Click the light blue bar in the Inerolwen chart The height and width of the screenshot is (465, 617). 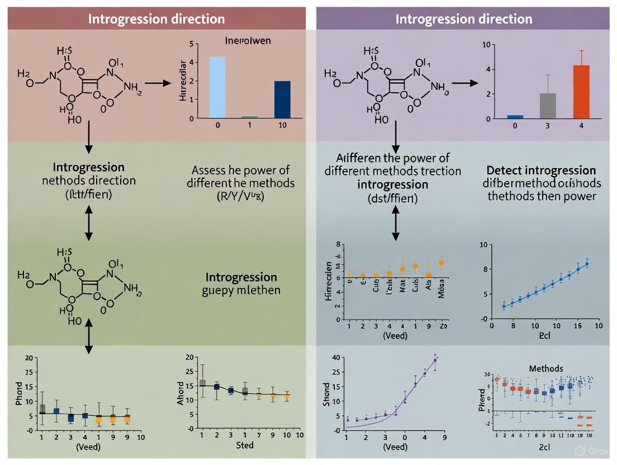point(217,87)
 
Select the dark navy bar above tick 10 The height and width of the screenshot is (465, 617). point(282,99)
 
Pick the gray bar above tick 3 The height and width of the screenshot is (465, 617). point(548,106)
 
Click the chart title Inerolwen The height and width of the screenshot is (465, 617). point(248,41)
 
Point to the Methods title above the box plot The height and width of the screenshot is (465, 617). point(547,368)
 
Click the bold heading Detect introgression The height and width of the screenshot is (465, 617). point(541,170)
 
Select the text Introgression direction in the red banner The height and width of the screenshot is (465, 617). point(156,18)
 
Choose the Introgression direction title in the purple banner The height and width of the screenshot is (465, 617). point(463,18)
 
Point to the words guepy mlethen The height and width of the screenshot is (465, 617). point(241,291)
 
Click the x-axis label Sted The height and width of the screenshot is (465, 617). point(245,445)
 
